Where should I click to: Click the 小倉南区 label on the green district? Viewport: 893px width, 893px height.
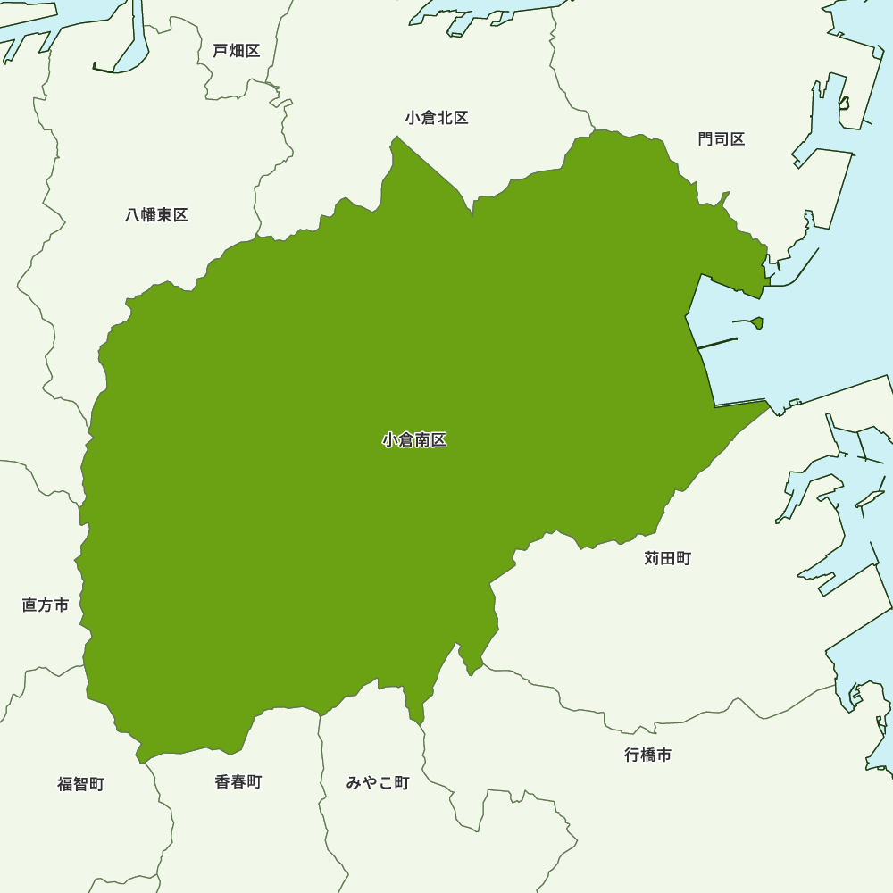pos(414,440)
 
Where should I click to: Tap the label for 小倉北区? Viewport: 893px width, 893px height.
pos(437,118)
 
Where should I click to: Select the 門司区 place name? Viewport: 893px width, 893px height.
pos(722,139)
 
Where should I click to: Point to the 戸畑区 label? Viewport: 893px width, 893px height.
pos(237,51)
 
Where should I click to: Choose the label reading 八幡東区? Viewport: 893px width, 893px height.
pos(157,215)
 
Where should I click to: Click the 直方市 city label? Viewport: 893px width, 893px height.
pos(46,605)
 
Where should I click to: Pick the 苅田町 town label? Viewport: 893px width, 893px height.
pos(668,559)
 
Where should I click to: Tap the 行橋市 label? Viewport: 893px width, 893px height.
pos(648,755)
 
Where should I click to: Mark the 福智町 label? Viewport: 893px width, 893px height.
pos(81,784)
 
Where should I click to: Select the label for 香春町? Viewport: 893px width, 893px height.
pos(238,782)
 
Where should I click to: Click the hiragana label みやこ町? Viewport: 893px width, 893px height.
pos(378,783)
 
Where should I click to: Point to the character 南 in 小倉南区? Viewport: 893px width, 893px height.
pos(422,440)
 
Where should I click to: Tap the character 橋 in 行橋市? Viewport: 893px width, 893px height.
pos(648,755)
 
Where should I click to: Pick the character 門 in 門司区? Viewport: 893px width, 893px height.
pos(706,139)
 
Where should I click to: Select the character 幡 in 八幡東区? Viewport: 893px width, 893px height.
pos(149,215)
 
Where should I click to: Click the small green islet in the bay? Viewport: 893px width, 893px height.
pos(757,322)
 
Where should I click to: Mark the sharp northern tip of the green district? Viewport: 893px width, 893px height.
pos(396,138)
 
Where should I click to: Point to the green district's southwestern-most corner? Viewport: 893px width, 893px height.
pos(139,762)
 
